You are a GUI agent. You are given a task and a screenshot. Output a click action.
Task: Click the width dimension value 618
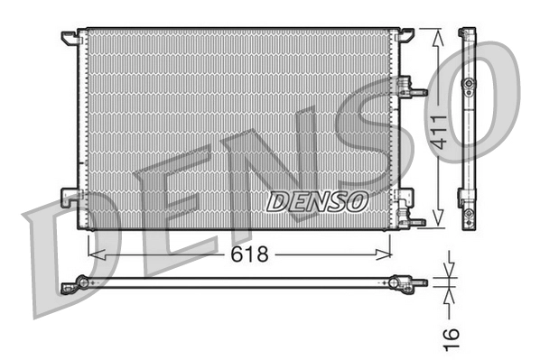click(x=250, y=254)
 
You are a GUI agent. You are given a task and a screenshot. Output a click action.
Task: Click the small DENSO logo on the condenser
click(x=315, y=200)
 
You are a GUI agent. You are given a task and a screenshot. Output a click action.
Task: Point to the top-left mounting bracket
click(x=70, y=37)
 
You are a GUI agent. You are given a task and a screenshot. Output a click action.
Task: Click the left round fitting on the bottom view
click(x=82, y=282)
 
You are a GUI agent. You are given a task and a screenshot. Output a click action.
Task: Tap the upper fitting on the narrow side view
click(x=468, y=84)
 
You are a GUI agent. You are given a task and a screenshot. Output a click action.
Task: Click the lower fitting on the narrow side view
click(x=468, y=215)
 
